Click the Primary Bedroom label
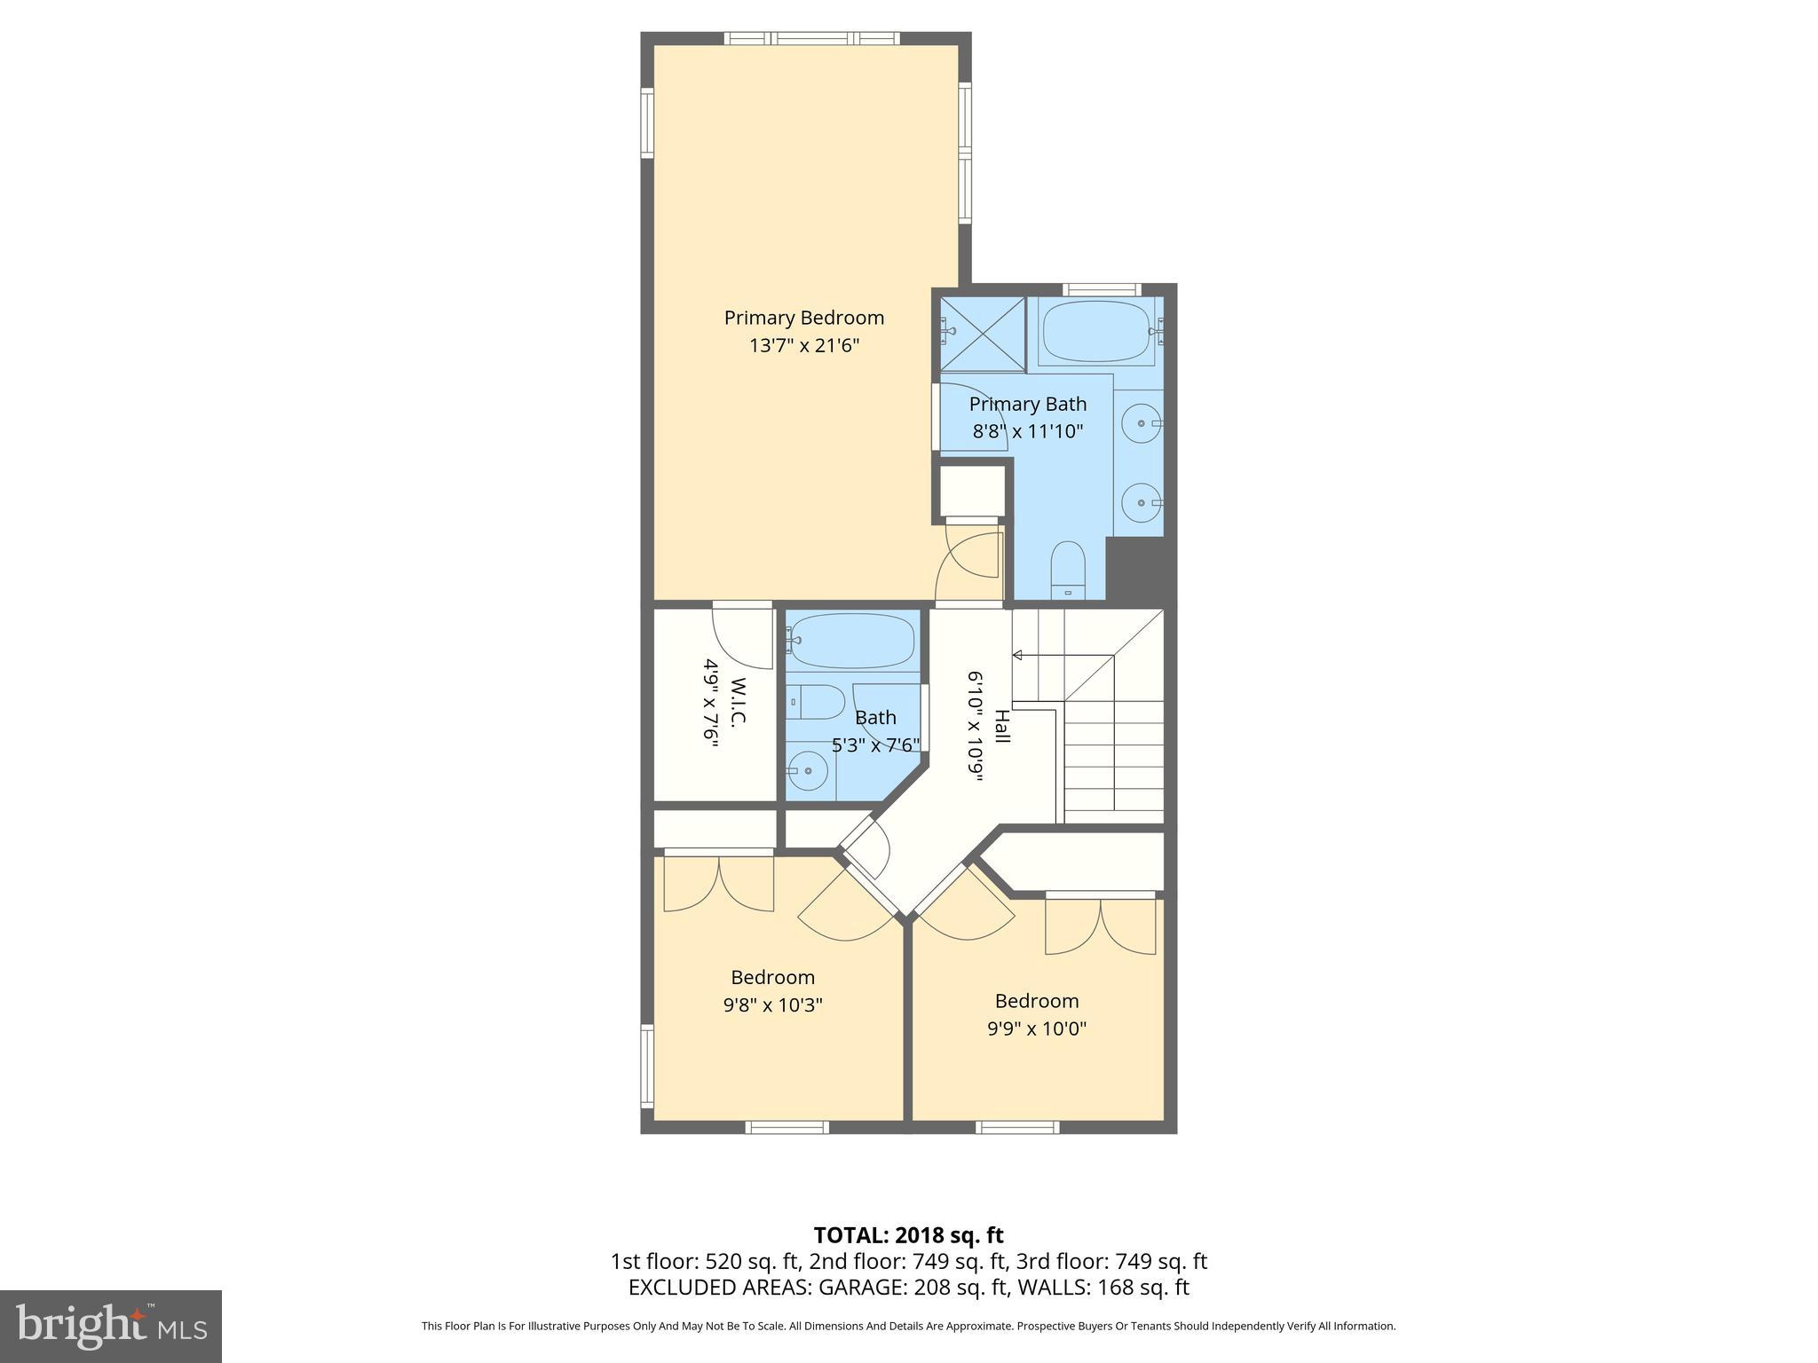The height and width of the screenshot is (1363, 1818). click(803, 318)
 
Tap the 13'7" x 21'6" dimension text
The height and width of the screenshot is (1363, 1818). click(803, 346)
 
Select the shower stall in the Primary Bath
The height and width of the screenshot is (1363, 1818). click(982, 334)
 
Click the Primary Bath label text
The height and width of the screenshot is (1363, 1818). click(1027, 405)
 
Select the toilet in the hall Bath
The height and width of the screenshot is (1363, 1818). click(815, 703)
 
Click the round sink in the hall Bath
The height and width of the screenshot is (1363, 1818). click(808, 770)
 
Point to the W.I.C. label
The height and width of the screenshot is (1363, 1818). click(738, 702)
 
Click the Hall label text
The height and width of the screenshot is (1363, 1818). click(1002, 726)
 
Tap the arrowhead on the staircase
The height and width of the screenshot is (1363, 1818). click(1018, 656)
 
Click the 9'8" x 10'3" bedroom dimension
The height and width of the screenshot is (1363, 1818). click(772, 1005)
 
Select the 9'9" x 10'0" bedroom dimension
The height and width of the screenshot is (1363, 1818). click(1037, 1029)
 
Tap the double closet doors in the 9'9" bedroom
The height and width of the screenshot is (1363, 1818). click(1101, 927)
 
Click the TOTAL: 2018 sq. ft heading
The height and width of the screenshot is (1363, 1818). click(908, 1235)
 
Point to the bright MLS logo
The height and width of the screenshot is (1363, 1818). click(111, 1326)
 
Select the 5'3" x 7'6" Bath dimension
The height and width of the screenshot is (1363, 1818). click(875, 745)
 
